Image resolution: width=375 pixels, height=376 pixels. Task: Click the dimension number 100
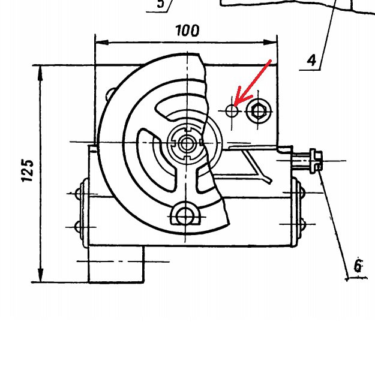point(187,31)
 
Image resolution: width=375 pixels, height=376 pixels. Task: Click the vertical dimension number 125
point(27,170)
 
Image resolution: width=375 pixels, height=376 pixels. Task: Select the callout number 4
point(311,60)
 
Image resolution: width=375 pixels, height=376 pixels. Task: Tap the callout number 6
point(358,266)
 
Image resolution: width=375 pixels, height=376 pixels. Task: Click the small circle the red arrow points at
point(232,111)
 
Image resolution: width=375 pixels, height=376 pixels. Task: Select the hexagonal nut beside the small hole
point(258,111)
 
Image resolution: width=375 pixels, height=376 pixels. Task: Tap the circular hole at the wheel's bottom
point(185,216)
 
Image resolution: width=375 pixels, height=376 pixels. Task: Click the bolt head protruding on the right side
point(316,161)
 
